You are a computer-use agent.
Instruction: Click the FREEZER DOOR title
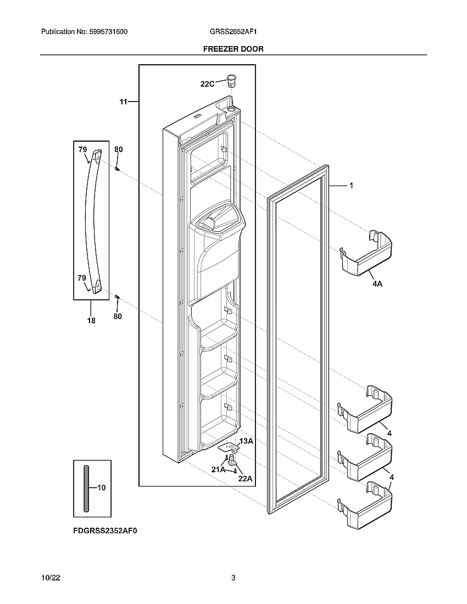(233, 49)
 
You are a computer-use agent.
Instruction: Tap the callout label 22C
(207, 84)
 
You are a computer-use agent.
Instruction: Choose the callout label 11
(123, 102)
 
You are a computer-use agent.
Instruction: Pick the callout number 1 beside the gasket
(351, 186)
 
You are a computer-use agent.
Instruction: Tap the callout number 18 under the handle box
(91, 321)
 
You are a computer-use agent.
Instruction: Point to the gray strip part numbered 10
(86, 488)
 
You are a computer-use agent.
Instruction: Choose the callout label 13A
(246, 441)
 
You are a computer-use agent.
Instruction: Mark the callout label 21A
(218, 469)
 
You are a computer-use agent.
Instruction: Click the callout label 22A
(245, 478)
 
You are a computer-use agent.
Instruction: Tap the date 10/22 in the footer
(51, 578)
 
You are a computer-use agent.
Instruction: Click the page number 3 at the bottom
(233, 578)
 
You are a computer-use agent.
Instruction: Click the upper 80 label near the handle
(118, 149)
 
